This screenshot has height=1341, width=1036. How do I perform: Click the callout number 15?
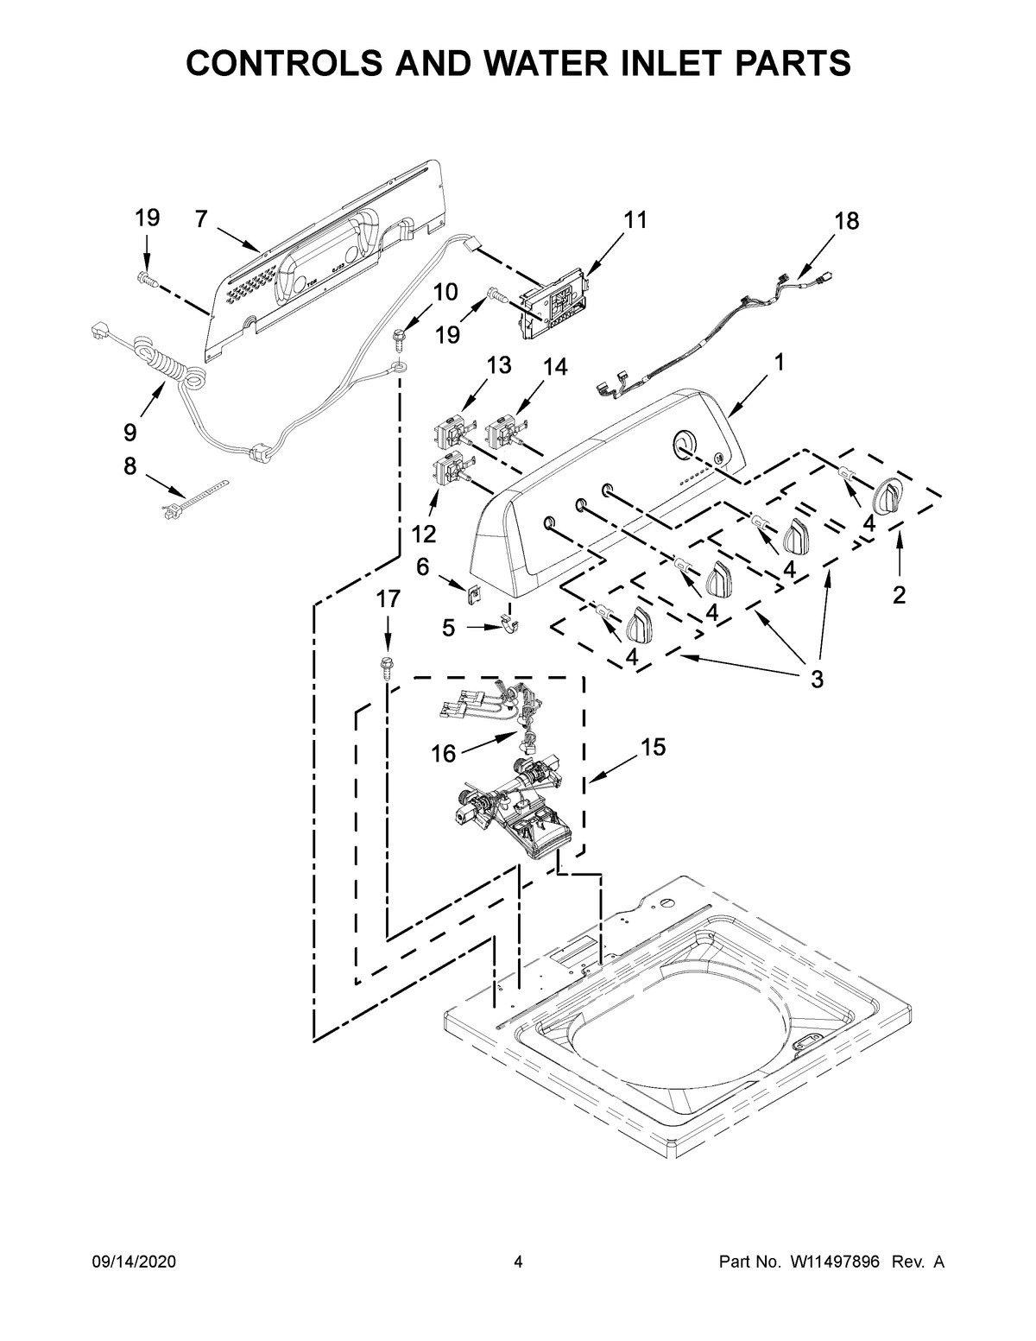(x=654, y=747)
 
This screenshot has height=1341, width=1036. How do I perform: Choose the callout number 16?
(x=443, y=754)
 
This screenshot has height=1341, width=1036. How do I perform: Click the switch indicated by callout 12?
(x=449, y=473)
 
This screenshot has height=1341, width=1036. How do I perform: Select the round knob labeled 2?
(x=888, y=497)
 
